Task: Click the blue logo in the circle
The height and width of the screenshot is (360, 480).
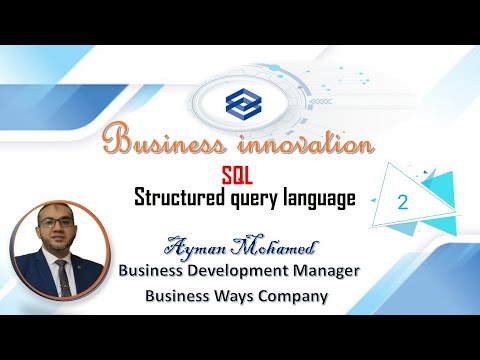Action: tap(240, 101)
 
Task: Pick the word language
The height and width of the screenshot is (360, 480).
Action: tap(319, 199)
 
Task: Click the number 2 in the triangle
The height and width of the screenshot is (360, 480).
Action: tap(403, 201)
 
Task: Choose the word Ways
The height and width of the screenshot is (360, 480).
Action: tap(233, 296)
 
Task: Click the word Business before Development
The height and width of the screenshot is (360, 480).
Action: tap(156, 271)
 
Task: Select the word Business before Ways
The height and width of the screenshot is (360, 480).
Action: tap(178, 296)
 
